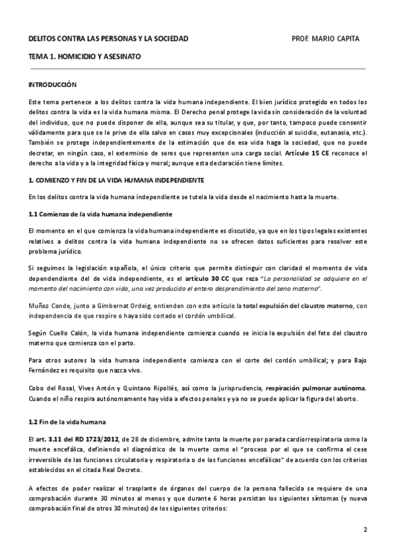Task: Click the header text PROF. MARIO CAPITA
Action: click(325, 39)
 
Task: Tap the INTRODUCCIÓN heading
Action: click(53, 85)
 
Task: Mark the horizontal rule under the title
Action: click(198, 68)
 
